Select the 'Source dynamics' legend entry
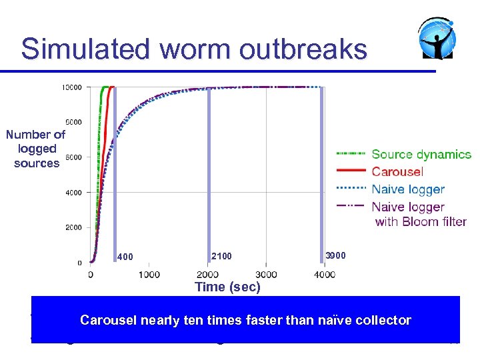click(421, 155)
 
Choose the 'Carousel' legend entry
click(397, 172)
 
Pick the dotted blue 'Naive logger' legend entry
click(407, 189)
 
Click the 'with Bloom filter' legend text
click(421, 222)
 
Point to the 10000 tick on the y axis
click(71, 87)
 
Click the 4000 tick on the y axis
click(73, 193)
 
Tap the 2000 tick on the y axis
click(73, 228)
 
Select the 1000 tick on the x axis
click(149, 275)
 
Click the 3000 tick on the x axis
click(266, 275)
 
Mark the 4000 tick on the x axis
click(325, 275)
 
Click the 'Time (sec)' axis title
click(227, 287)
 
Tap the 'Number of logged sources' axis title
click(37, 149)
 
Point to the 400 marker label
click(125, 257)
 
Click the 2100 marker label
click(221, 256)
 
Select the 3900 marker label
click(335, 255)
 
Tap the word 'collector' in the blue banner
click(385, 321)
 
